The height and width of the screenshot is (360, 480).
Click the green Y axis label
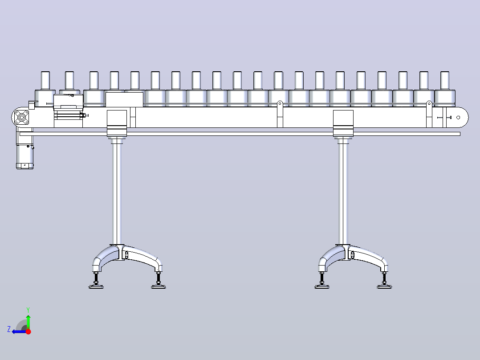pyautogui.click(x=28, y=310)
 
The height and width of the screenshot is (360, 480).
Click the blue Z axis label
pyautogui.click(x=9, y=329)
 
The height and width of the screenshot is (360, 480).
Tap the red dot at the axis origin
pyautogui.click(x=28, y=331)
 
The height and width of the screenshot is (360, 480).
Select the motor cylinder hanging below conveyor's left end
pyautogui.click(x=25, y=156)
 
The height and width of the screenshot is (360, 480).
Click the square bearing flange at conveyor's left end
pyautogui.click(x=22, y=117)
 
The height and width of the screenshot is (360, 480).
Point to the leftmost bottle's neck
pyautogui.click(x=45, y=81)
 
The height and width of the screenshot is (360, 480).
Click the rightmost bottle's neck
pyautogui.click(x=445, y=81)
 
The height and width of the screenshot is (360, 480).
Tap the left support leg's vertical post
pyautogui.click(x=117, y=192)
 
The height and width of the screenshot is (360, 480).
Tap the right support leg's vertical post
pyautogui.click(x=343, y=192)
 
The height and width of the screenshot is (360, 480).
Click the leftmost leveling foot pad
pyautogui.click(x=96, y=287)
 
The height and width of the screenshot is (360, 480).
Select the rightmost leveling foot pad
pyautogui.click(x=384, y=287)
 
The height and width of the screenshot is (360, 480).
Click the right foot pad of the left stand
pyautogui.click(x=159, y=287)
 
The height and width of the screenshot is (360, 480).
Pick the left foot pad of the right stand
pyautogui.click(x=322, y=287)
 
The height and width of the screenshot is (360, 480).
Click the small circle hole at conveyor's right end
pyautogui.click(x=458, y=117)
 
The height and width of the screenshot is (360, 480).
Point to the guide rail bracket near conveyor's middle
pyautogui.click(x=280, y=114)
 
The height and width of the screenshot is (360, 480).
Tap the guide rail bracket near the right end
pyautogui.click(x=429, y=114)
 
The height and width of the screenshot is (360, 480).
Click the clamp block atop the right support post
pyautogui.click(x=343, y=123)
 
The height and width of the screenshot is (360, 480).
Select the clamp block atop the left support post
pyautogui.click(x=117, y=123)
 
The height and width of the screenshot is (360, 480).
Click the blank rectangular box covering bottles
pyautogui.click(x=124, y=99)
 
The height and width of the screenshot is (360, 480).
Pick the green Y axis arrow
pyautogui.click(x=28, y=322)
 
